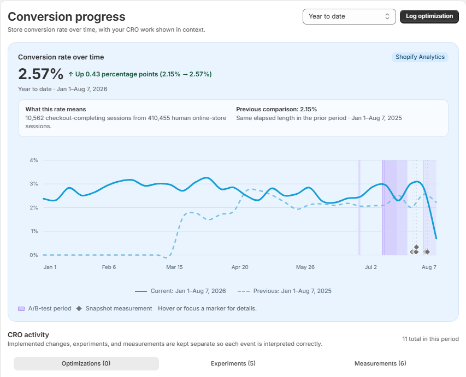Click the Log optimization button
429,16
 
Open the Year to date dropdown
349,16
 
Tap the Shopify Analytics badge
420,57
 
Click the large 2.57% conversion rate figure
41,74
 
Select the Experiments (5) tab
233,363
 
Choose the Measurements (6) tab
380,363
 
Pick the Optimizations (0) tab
86,363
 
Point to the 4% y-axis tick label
34,160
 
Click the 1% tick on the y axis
34,231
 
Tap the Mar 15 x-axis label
174,267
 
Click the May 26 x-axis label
305,267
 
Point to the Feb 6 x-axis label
109,267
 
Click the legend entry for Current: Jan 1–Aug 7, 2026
180,291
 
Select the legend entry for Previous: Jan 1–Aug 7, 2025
285,291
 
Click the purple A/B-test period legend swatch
21,309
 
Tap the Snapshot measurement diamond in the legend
79,309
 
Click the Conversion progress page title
67,16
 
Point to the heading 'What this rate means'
56,109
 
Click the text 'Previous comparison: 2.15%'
276,109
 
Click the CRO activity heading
28,335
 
